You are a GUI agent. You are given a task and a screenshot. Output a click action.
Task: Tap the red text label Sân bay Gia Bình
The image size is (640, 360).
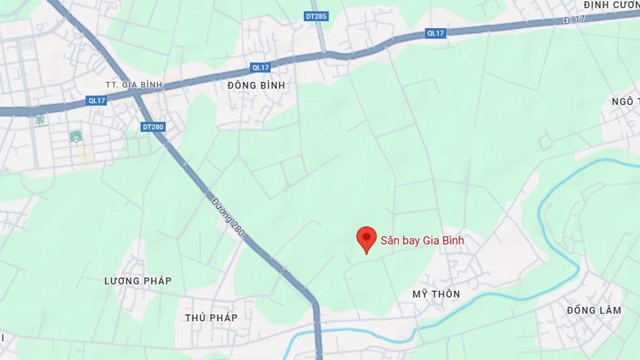point(422,240)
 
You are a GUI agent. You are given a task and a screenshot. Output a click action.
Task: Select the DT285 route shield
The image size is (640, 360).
point(316,16)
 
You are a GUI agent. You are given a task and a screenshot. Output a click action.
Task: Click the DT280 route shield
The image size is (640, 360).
point(153,127)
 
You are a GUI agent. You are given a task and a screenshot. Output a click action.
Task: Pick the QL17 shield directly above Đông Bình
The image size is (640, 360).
point(260,68)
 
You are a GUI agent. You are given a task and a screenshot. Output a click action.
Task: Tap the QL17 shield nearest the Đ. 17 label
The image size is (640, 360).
point(435,33)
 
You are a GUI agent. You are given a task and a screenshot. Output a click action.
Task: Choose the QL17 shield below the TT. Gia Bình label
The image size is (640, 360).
point(97,101)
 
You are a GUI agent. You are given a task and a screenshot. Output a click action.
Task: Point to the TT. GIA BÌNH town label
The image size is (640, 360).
point(134,85)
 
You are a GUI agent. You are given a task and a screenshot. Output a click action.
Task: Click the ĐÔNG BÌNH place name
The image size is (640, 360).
point(256,86)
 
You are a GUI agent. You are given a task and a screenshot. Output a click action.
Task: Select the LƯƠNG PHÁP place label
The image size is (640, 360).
point(138,281)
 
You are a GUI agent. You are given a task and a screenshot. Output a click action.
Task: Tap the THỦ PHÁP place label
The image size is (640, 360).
point(211,318)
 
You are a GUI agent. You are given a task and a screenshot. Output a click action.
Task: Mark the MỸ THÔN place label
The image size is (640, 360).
point(436,294)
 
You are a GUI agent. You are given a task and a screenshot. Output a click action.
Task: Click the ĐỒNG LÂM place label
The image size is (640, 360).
point(594,310)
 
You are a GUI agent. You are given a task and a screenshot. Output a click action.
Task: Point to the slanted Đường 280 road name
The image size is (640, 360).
point(228,217)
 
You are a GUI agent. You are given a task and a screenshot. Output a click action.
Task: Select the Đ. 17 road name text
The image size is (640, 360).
point(574,20)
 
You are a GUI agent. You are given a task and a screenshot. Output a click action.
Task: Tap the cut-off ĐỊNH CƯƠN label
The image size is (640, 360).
point(611,5)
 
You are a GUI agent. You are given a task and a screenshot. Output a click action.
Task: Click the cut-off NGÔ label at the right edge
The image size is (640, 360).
point(625,102)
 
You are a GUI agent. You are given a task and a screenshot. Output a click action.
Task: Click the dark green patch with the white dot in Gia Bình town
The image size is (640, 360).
point(76,137)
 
